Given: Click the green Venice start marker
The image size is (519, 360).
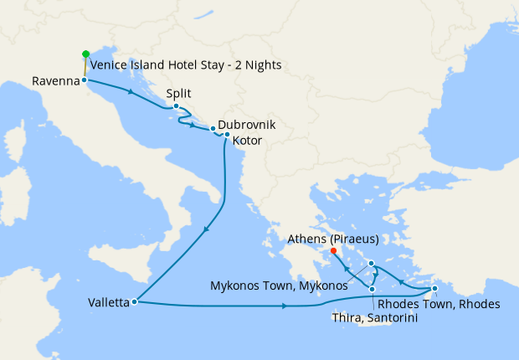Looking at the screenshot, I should click(x=85, y=54).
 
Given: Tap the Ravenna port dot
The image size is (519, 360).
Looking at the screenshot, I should click(x=85, y=80).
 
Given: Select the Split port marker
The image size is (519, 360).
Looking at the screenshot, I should click(x=176, y=107).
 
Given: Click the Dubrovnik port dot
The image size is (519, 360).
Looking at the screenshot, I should click(x=213, y=128).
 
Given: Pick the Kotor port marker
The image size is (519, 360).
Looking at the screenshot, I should click(x=227, y=134).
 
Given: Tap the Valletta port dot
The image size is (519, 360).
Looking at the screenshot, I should click(x=134, y=302).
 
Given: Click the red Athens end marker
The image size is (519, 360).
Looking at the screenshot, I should click(x=333, y=250).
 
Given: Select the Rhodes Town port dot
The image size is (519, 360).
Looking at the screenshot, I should click(x=434, y=290).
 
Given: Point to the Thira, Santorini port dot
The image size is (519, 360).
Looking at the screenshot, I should click(x=372, y=290).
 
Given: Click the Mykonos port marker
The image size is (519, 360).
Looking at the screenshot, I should click(x=371, y=264).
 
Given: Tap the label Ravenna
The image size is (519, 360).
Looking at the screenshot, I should click(x=56, y=81).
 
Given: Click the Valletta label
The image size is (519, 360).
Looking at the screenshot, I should click(x=107, y=303).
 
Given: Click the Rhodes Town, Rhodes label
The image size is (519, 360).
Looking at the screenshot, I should click(x=439, y=303).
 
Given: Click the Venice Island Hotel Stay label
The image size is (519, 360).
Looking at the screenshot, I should click(x=185, y=65).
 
